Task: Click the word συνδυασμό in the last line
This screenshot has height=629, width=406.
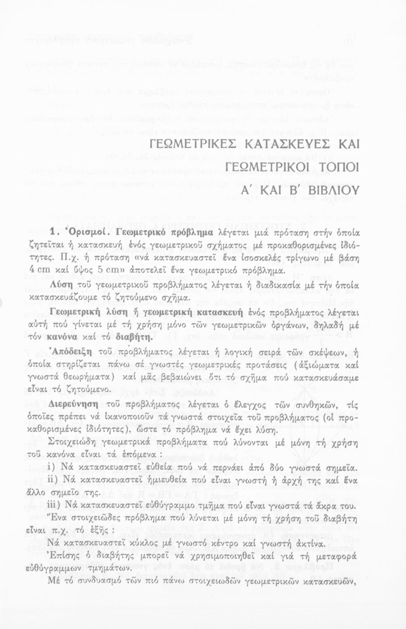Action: click(x=92, y=582)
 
